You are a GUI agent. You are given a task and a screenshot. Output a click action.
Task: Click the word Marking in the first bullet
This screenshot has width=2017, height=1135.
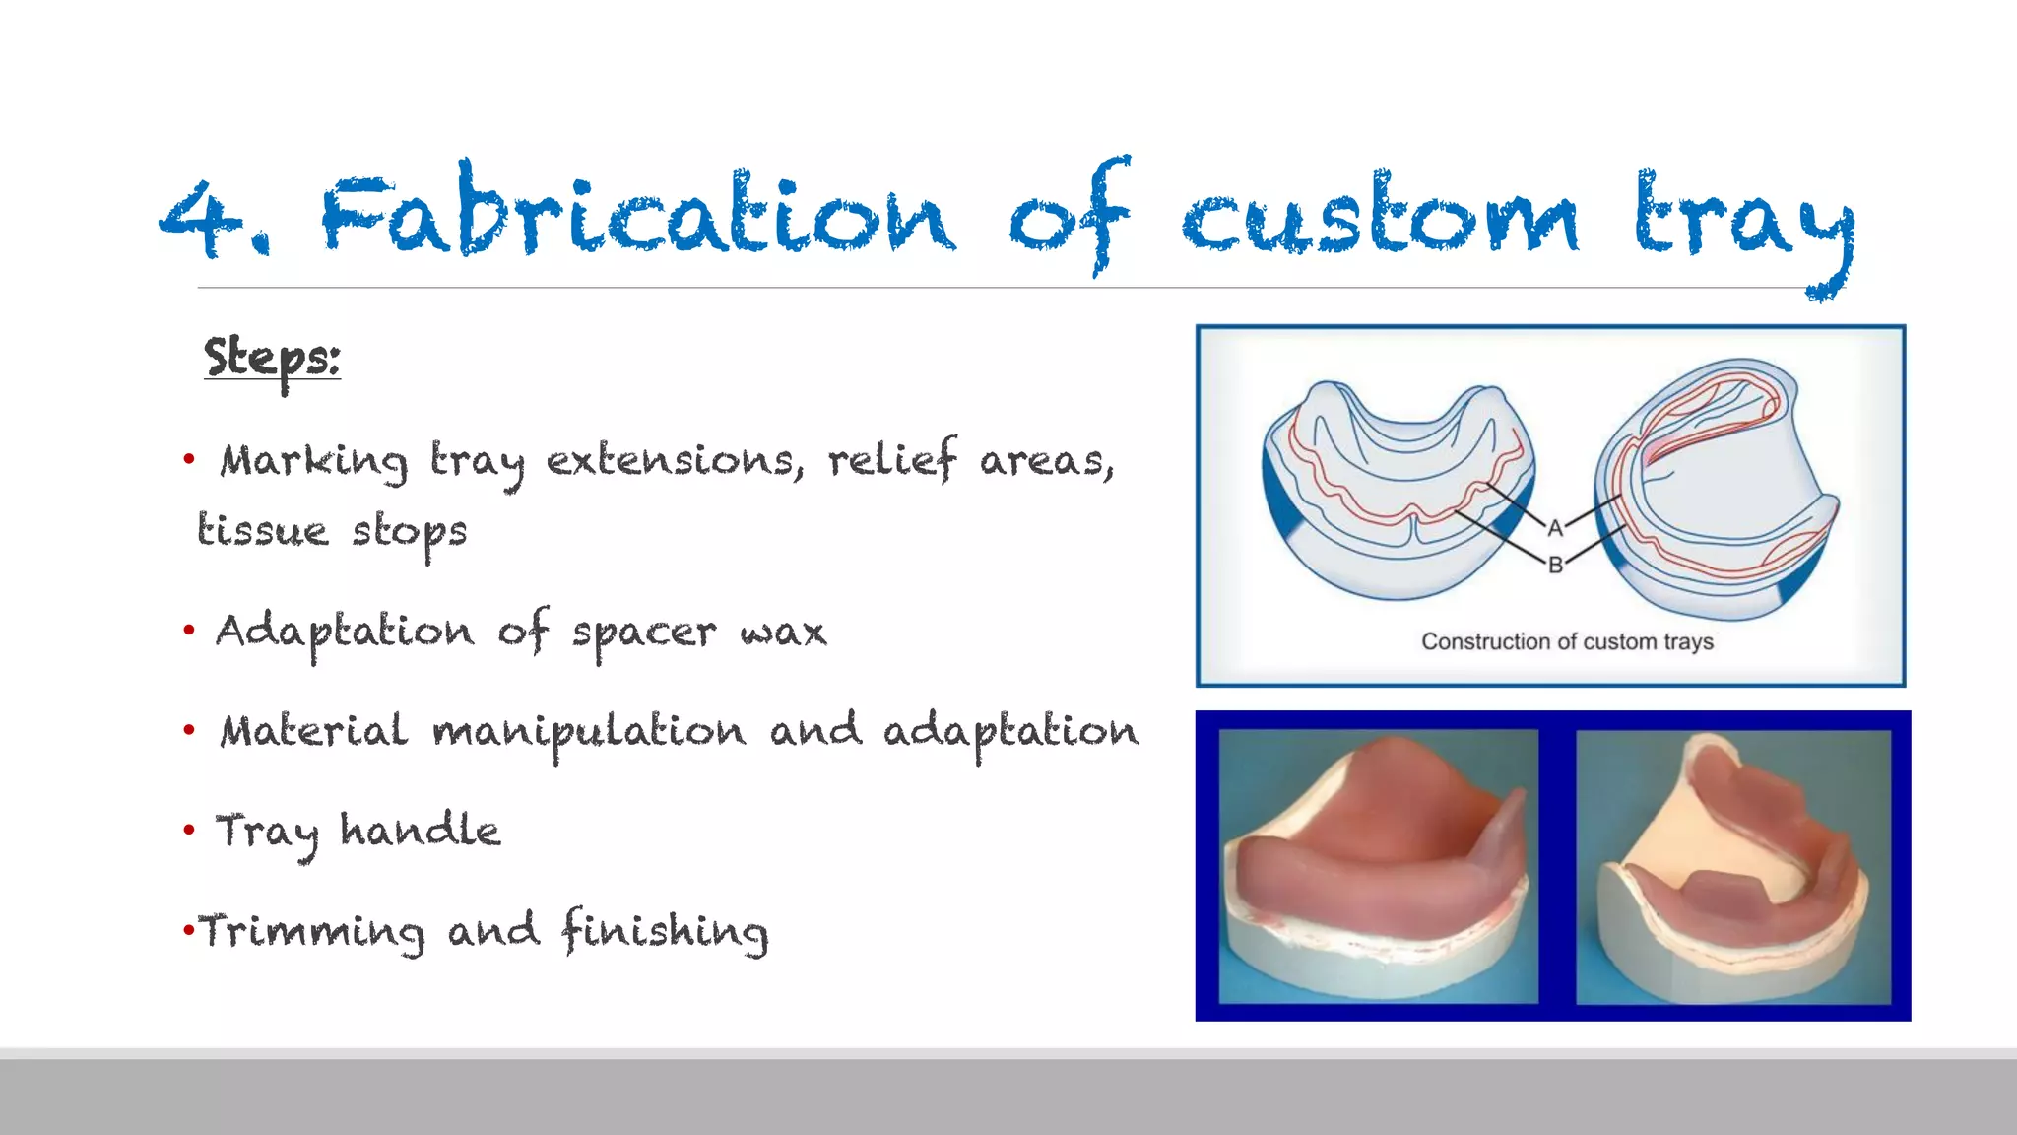[313, 461]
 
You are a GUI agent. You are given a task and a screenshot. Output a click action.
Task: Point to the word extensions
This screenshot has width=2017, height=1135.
[676, 461]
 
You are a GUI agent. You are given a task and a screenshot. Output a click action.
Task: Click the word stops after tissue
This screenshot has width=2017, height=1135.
[410, 533]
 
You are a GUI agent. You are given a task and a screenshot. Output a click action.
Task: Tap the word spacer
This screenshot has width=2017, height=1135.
[644, 633]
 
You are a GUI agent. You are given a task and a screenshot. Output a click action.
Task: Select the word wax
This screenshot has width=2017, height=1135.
[783, 633]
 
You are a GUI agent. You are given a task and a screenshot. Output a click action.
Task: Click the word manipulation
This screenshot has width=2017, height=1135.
[589, 733]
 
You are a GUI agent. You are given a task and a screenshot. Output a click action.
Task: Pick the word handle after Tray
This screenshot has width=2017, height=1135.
[421, 831]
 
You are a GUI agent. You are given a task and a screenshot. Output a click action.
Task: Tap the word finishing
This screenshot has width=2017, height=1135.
[665, 932]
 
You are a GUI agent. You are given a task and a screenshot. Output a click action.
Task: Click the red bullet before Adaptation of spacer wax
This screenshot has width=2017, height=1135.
[189, 630]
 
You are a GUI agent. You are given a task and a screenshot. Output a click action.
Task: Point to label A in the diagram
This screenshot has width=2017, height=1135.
[1555, 528]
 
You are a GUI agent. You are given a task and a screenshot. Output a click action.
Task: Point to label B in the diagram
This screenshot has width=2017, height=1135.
[1555, 565]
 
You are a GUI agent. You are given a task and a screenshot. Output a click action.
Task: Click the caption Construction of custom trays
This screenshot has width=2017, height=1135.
[1567, 642]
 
